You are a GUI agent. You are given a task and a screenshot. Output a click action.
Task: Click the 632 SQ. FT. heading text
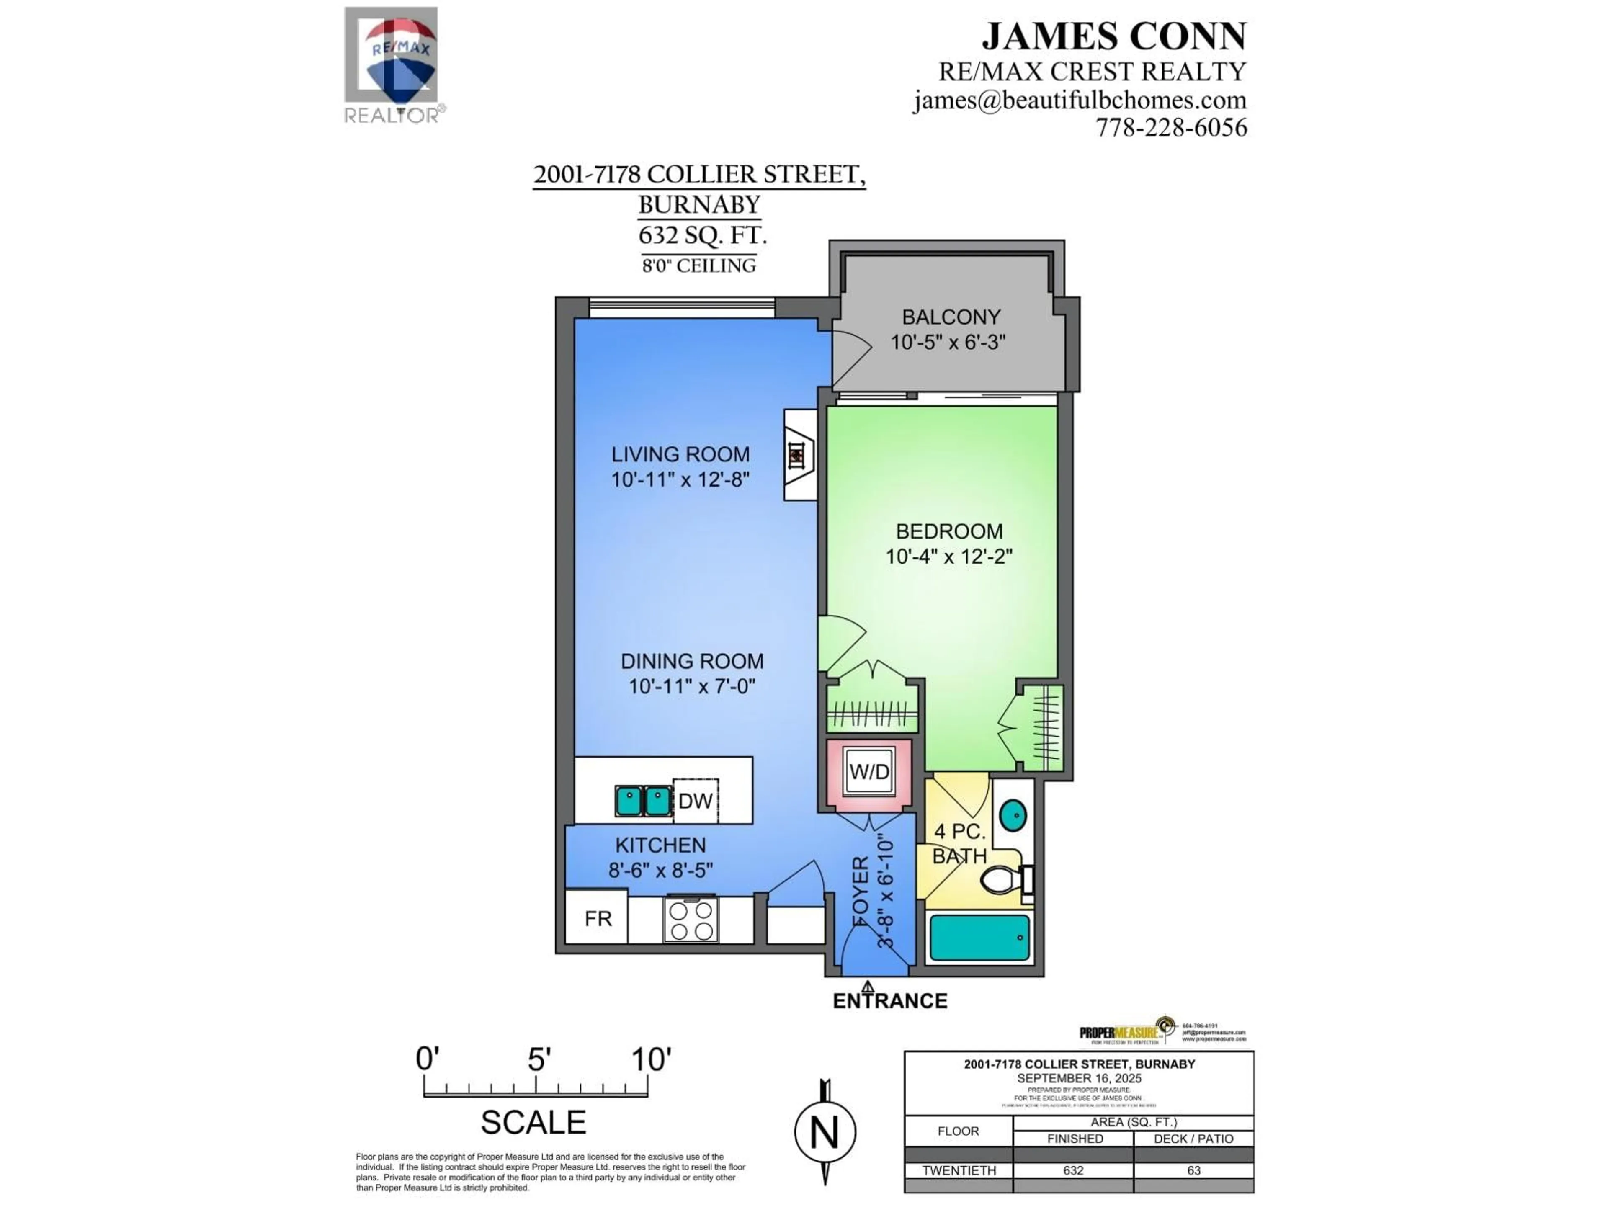click(702, 235)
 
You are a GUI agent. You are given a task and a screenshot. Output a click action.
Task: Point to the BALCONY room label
click(951, 317)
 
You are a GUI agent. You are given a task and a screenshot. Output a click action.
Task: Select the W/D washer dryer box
click(869, 772)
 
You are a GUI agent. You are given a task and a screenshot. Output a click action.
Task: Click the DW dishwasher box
click(695, 801)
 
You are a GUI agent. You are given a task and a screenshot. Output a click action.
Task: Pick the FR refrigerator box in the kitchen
click(598, 919)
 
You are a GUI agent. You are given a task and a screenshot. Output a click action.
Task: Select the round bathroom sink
click(1013, 816)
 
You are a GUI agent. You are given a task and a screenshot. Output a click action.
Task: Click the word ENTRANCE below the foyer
click(890, 1001)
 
